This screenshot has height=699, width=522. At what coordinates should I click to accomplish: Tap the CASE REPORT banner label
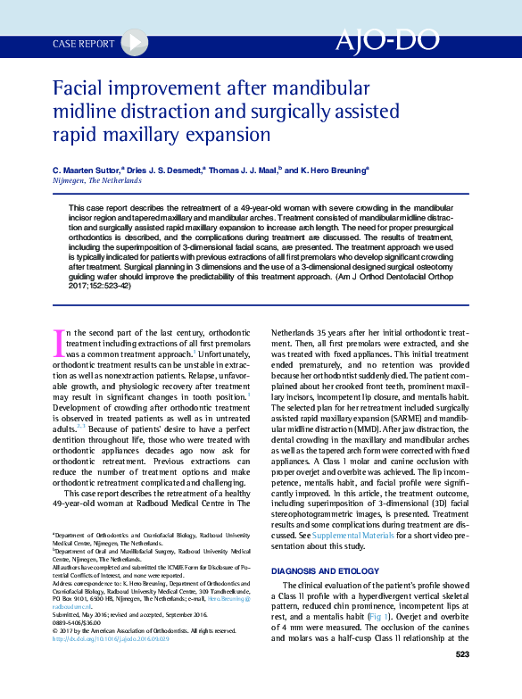pos(83,43)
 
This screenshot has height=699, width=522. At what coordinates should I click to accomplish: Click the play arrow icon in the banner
pos(134,42)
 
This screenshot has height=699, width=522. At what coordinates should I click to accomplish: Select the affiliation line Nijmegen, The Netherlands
pos(97,179)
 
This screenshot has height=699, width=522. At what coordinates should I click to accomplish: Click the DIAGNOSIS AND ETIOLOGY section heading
pos(325,570)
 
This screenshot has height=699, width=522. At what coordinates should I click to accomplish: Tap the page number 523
pos(461,679)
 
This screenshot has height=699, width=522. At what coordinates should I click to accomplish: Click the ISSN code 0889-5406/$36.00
pos(79,623)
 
